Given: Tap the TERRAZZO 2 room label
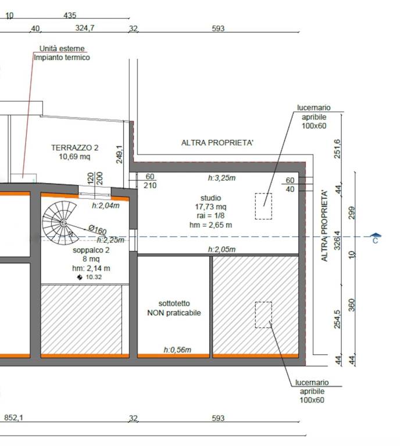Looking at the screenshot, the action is (75, 148).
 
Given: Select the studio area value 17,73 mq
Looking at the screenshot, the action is (210, 207).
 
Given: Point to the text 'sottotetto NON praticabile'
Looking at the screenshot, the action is (174, 308).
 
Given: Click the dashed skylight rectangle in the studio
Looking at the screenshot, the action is (263, 193).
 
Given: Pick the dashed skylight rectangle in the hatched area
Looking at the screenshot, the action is (263, 303).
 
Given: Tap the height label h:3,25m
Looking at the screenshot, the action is (222, 178).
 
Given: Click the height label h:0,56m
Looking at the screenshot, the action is (177, 350).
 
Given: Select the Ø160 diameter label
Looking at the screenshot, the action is (97, 229).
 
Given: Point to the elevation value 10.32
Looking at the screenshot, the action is (94, 277).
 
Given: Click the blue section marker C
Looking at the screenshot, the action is (376, 238).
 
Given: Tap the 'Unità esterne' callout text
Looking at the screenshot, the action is (62, 49).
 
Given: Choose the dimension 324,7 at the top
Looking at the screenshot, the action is (85, 28).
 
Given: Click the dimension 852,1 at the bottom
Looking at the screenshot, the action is (14, 418).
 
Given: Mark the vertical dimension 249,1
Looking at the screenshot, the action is (119, 154).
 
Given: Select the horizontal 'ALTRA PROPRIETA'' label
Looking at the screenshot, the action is (217, 142).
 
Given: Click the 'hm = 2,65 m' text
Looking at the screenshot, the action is (210, 225).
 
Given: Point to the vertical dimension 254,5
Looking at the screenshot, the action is (337, 319).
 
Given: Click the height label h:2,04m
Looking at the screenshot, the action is (106, 206).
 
